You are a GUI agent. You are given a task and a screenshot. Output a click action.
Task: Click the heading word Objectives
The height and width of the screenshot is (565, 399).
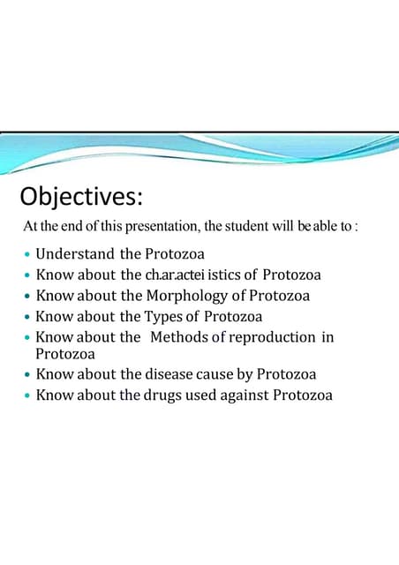(80, 195)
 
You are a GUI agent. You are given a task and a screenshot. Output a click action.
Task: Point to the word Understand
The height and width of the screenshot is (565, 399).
(73, 254)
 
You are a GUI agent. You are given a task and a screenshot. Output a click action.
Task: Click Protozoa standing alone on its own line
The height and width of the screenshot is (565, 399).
(65, 354)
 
